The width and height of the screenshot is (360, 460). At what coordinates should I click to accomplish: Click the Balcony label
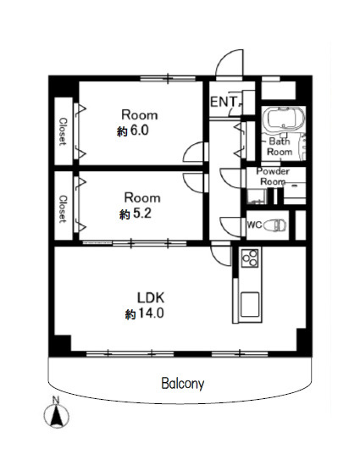coord(182,384)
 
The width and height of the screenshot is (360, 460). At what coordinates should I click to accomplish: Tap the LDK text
coord(151,297)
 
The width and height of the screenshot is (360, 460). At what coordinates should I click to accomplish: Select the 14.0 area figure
coord(151,313)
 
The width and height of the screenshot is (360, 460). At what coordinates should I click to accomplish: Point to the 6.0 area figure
coord(139,130)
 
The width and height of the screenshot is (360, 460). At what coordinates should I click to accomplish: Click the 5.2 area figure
coord(142,213)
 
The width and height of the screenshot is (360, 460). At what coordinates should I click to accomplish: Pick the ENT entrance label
coord(224,102)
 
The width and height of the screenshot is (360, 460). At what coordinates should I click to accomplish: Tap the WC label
coord(254,225)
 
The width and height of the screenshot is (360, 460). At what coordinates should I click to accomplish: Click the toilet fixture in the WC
coord(274,225)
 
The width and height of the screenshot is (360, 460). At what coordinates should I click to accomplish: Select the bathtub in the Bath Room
coord(284,119)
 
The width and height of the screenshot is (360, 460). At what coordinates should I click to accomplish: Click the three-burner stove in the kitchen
coord(250,258)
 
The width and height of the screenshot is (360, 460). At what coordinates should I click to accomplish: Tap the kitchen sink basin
coord(250,304)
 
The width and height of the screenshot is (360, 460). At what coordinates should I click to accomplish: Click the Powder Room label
coord(273,176)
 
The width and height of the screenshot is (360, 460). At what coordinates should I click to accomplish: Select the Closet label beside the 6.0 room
coord(63,131)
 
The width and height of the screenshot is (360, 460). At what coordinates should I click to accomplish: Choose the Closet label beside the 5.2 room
coord(63,209)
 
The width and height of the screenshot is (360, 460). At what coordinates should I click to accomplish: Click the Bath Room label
coord(280,147)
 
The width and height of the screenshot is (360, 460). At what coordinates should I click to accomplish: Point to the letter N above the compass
coord(56,400)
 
